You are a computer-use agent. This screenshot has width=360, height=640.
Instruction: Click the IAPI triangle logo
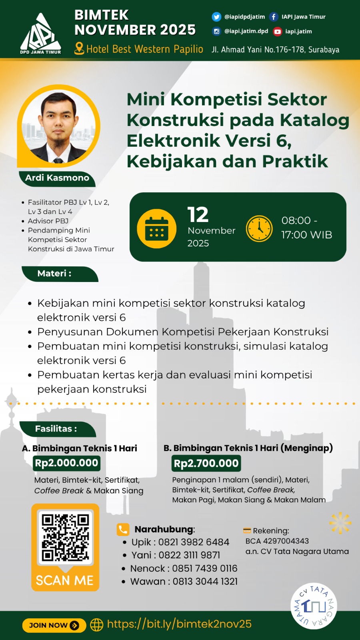point(40,34)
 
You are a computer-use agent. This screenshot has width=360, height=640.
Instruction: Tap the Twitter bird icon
point(216,17)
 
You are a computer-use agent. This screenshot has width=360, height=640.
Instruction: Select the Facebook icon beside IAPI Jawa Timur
point(274,17)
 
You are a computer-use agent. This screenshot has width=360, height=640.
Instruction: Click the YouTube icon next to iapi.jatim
point(277,32)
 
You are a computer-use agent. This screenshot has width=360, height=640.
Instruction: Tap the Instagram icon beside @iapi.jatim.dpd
point(216,31)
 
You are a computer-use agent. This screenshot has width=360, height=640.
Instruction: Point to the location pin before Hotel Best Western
point(79,49)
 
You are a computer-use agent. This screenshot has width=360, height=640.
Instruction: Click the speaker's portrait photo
point(58,126)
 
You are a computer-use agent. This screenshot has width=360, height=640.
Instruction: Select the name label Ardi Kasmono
point(57,178)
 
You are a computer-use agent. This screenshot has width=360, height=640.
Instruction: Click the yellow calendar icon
point(156,228)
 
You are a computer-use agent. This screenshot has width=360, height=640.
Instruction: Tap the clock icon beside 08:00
point(259,228)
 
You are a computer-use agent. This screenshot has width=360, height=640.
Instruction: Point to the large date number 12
point(198,215)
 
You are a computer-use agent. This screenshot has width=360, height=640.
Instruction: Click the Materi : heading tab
point(55,274)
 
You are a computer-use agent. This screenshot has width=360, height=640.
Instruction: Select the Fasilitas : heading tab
point(56,429)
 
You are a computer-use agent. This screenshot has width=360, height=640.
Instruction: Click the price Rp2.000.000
point(66,463)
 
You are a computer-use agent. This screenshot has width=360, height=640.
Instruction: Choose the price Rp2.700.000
point(206,464)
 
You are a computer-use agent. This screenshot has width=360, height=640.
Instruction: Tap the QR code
point(65,538)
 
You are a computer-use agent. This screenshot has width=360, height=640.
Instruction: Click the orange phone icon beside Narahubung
point(123,529)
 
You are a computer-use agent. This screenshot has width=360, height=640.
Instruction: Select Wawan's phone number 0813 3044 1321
point(205,582)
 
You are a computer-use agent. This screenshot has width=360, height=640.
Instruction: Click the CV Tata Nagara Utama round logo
point(314,606)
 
